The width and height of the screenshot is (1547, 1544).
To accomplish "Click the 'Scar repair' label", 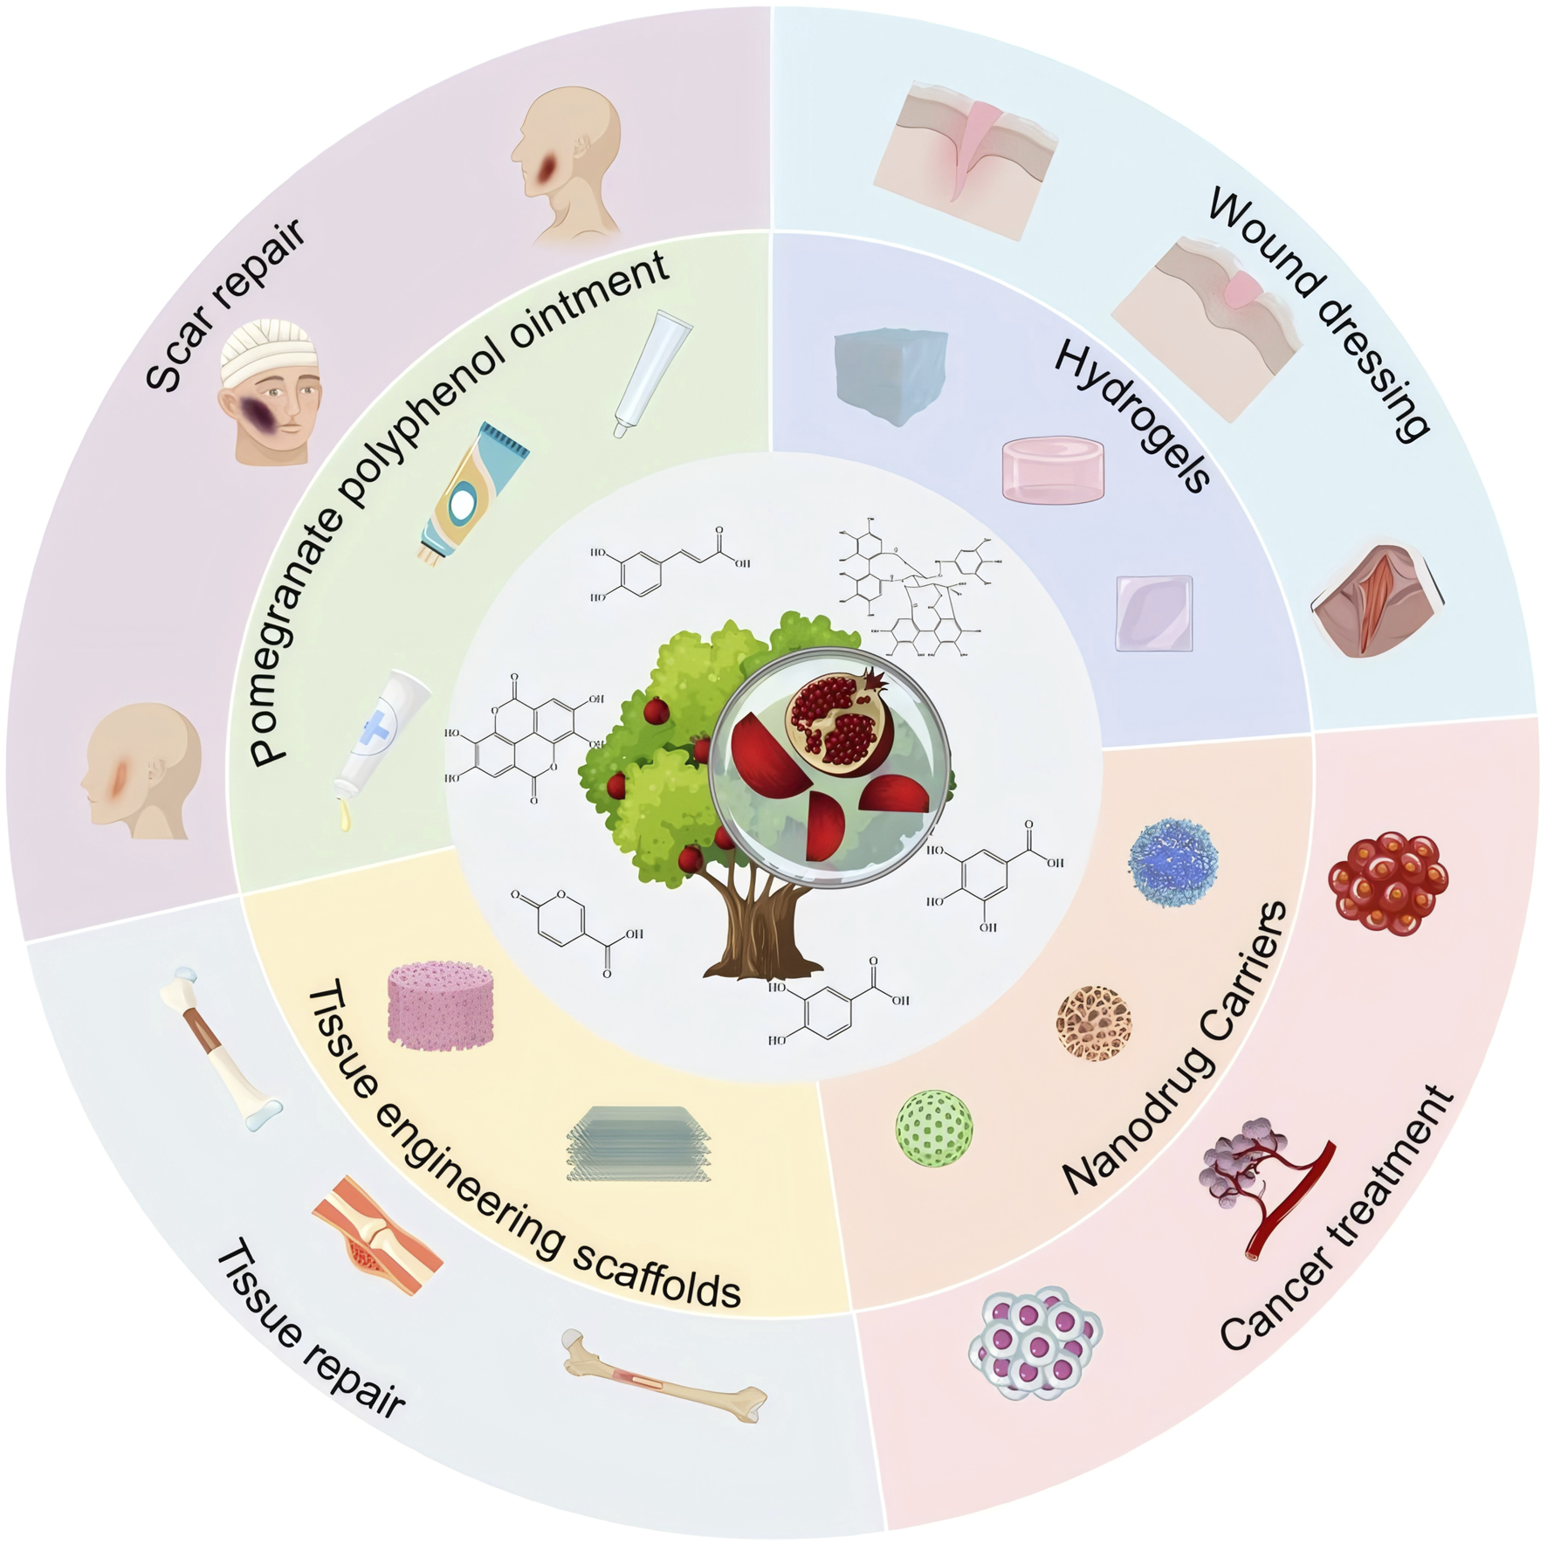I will (x=225, y=306).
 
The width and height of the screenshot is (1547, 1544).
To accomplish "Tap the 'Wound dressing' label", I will (x=1318, y=314).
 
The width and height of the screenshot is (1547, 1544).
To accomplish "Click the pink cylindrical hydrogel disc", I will (x=1053, y=470).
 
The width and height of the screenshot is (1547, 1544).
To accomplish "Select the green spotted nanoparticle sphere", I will (x=934, y=1127).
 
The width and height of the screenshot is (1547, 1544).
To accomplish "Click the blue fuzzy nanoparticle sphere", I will (x=1172, y=861).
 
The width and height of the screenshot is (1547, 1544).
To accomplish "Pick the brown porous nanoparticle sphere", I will (x=1094, y=1023).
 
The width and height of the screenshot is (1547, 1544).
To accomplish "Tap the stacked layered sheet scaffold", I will (x=639, y=1143).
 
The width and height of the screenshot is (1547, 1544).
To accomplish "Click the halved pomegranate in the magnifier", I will (x=842, y=724).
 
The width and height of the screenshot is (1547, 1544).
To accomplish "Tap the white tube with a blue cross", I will (x=382, y=734).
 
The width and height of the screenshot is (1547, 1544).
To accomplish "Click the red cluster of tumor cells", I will (x=1387, y=883).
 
